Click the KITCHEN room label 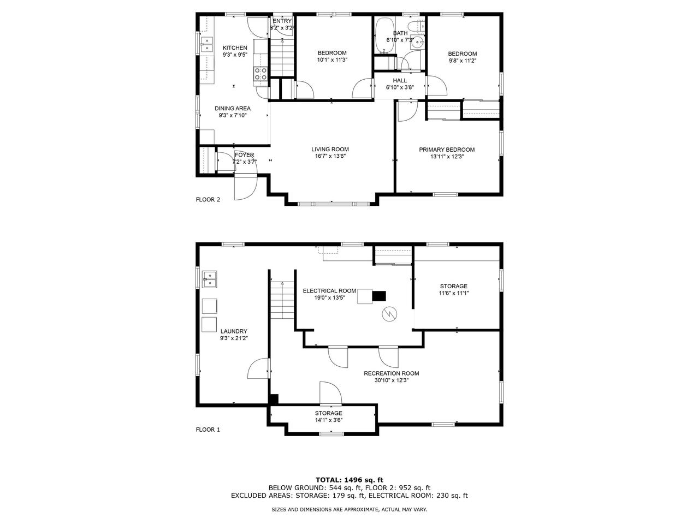point(234,48)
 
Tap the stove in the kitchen point(260,74)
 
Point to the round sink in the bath point(419,42)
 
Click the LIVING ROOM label point(330,149)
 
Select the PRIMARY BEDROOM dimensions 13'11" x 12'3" point(446,156)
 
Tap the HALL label point(400,80)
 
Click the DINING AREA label point(232,109)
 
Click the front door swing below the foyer point(244,188)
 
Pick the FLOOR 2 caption point(208,199)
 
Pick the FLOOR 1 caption point(208,430)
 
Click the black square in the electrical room point(379,296)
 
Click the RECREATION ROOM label point(391,373)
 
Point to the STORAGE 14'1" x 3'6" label point(328,416)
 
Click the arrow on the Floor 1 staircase point(282,284)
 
